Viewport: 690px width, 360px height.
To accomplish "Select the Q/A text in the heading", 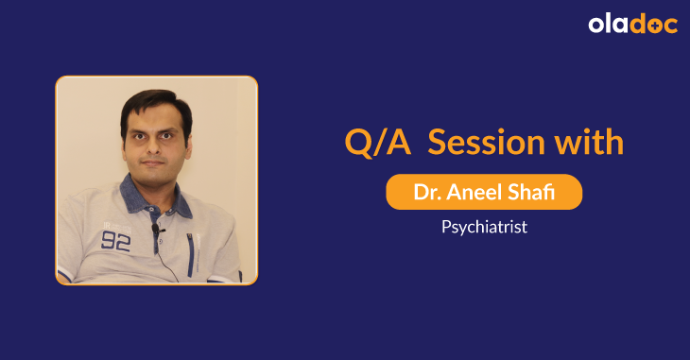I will click(376, 144).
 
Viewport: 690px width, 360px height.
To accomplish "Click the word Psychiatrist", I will click(484, 228).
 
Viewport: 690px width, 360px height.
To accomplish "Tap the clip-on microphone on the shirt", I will click(158, 230).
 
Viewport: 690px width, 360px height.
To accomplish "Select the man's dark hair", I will click(155, 102).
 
